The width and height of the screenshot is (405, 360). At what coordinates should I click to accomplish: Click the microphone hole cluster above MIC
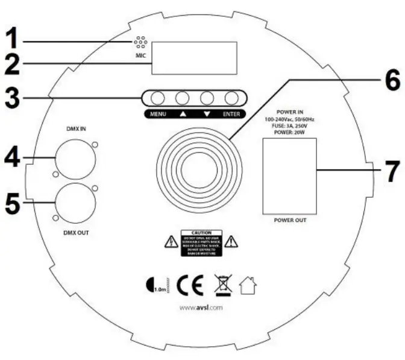point(140,43)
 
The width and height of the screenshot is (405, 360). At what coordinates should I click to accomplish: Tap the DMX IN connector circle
point(75,158)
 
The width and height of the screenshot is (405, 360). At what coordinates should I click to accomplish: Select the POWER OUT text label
point(289,221)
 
